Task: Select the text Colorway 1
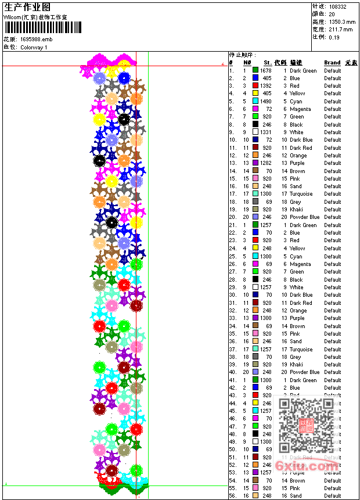pyautogui.click(x=34, y=47)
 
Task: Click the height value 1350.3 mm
pyautogui.click(x=341, y=21)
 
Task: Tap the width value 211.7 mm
pyautogui.click(x=340, y=29)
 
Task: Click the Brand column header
pyautogui.click(x=332, y=63)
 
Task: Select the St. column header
pyautogui.click(x=267, y=63)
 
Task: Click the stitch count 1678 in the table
pyautogui.click(x=265, y=71)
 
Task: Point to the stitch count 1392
pyautogui.click(x=265, y=86)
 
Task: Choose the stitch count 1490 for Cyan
pyautogui.click(x=265, y=102)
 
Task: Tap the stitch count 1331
pyautogui.click(x=265, y=132)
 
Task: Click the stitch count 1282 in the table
pyautogui.click(x=265, y=163)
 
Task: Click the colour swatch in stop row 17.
pyautogui.click(x=255, y=194)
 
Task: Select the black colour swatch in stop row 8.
pyautogui.click(x=255, y=124)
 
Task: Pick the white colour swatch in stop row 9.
pyautogui.click(x=255, y=132)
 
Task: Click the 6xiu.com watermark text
pyautogui.click(x=307, y=465)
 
